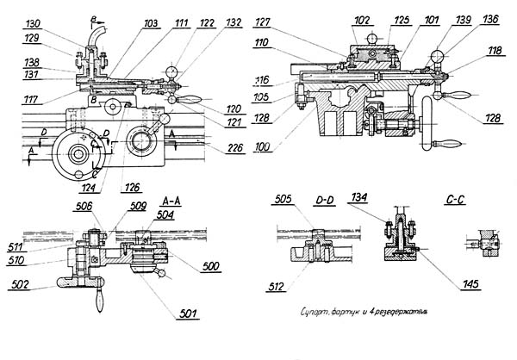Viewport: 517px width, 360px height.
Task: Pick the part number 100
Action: coord(264,148)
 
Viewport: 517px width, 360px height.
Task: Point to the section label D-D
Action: coord(324,200)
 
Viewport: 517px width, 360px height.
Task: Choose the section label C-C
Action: coord(458,200)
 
